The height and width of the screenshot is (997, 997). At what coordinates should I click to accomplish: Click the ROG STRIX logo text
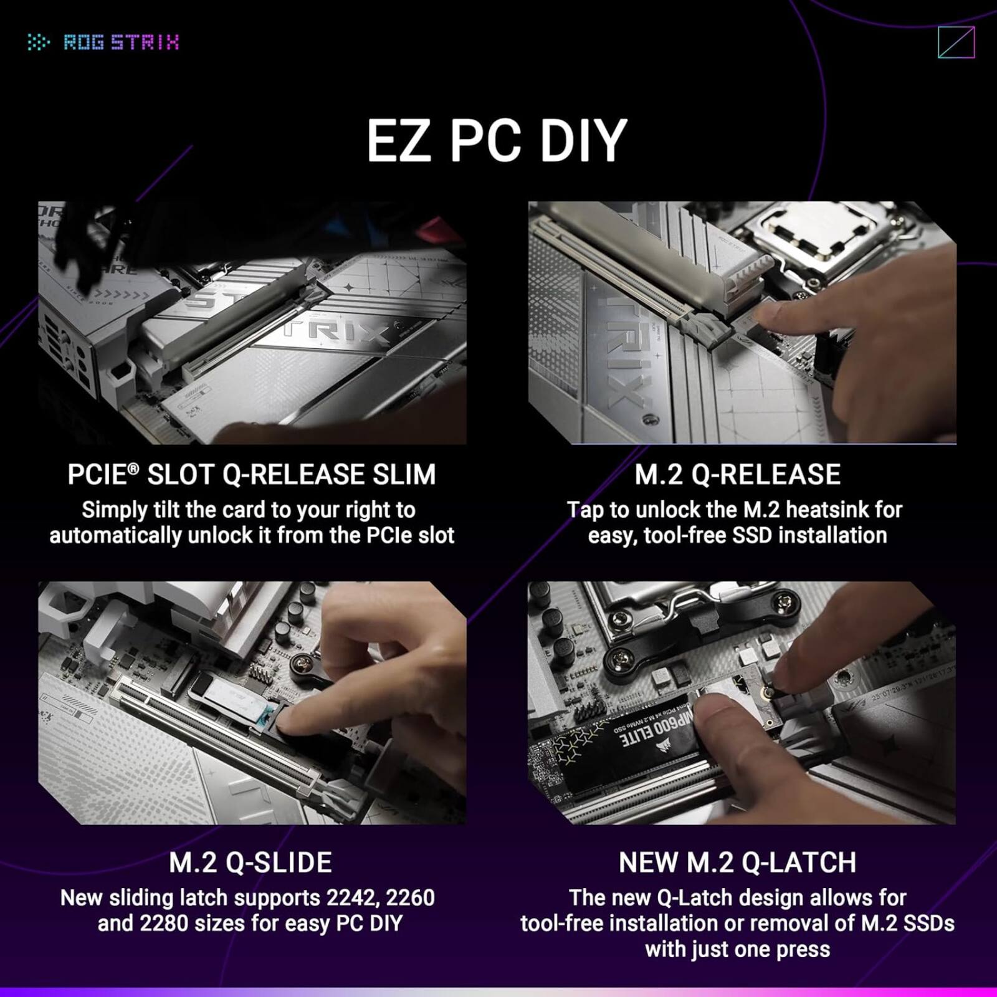[x=122, y=42]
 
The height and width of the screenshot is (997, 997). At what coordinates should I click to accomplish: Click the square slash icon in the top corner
[x=956, y=42]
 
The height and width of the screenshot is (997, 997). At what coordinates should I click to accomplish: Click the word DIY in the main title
[x=583, y=141]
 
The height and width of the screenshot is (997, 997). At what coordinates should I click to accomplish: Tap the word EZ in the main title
[x=398, y=141]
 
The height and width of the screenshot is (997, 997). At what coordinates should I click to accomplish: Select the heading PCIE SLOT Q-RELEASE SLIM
[x=251, y=475]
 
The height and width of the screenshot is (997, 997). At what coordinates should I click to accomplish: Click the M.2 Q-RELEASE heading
[x=737, y=475]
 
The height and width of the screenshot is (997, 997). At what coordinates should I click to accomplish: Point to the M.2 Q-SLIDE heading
[x=250, y=862]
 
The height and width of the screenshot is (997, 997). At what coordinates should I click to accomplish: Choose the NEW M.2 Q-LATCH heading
[x=737, y=862]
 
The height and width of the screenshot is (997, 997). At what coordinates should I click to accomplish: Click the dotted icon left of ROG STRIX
[x=39, y=42]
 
